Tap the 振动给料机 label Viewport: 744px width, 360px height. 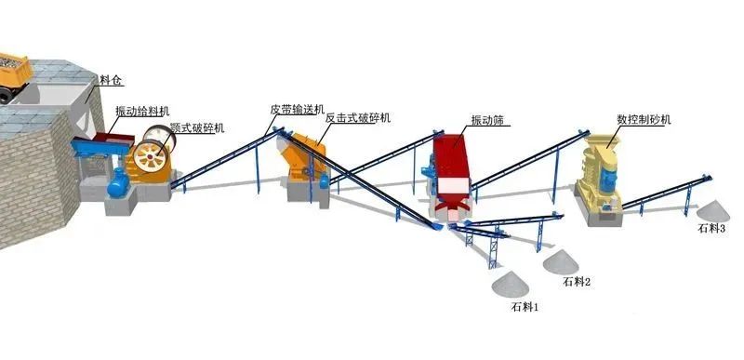[x=142, y=111]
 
